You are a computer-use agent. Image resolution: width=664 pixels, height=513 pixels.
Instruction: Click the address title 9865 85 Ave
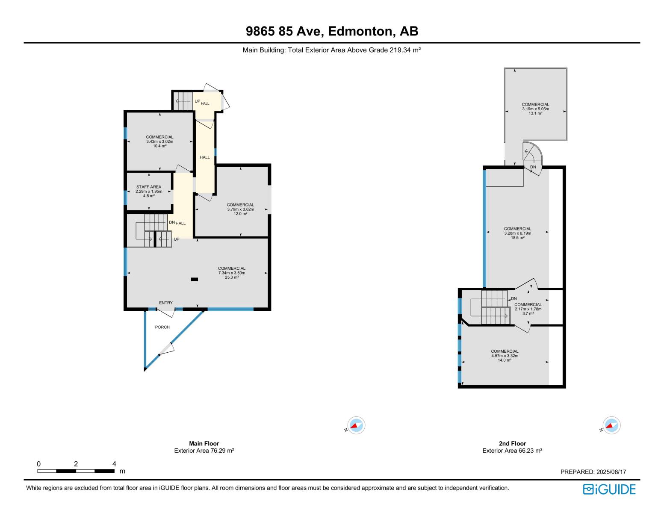click(x=332, y=31)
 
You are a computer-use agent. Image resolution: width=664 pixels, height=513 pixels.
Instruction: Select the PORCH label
click(x=162, y=327)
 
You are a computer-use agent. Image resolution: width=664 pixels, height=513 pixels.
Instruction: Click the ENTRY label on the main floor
click(x=166, y=303)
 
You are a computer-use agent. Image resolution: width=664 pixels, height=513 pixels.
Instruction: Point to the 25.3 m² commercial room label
click(x=231, y=273)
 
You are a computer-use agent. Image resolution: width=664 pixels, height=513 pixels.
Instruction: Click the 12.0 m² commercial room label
click(x=240, y=209)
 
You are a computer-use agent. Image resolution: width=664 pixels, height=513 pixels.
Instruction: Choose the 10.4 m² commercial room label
click(x=159, y=142)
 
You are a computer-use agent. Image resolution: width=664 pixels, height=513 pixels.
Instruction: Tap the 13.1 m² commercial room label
click(x=535, y=109)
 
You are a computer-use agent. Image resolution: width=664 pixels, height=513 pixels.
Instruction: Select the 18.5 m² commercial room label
click(x=517, y=233)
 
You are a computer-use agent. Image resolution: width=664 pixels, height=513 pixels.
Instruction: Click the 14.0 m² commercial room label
click(x=505, y=356)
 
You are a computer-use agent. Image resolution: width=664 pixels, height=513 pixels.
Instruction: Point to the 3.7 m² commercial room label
click(x=528, y=309)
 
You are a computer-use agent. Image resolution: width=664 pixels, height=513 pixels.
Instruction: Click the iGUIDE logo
click(x=609, y=489)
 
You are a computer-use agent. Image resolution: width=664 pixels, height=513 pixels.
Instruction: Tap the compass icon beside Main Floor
click(x=356, y=426)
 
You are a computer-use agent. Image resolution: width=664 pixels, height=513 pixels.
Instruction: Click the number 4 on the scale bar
click(x=114, y=464)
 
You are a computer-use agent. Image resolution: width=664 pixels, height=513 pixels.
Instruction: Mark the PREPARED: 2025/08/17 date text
click(x=593, y=472)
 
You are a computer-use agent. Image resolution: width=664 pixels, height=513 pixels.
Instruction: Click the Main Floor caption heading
click(x=204, y=443)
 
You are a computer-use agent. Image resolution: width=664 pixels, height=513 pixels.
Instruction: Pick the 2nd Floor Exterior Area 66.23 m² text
click(x=512, y=451)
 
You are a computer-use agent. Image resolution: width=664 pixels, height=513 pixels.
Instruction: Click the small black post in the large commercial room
click(x=194, y=280)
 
